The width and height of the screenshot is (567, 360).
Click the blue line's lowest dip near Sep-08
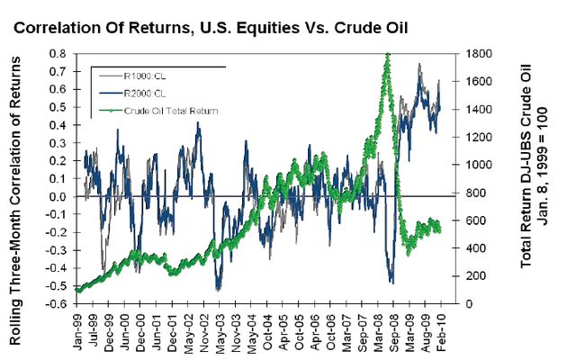(x=391, y=282)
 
